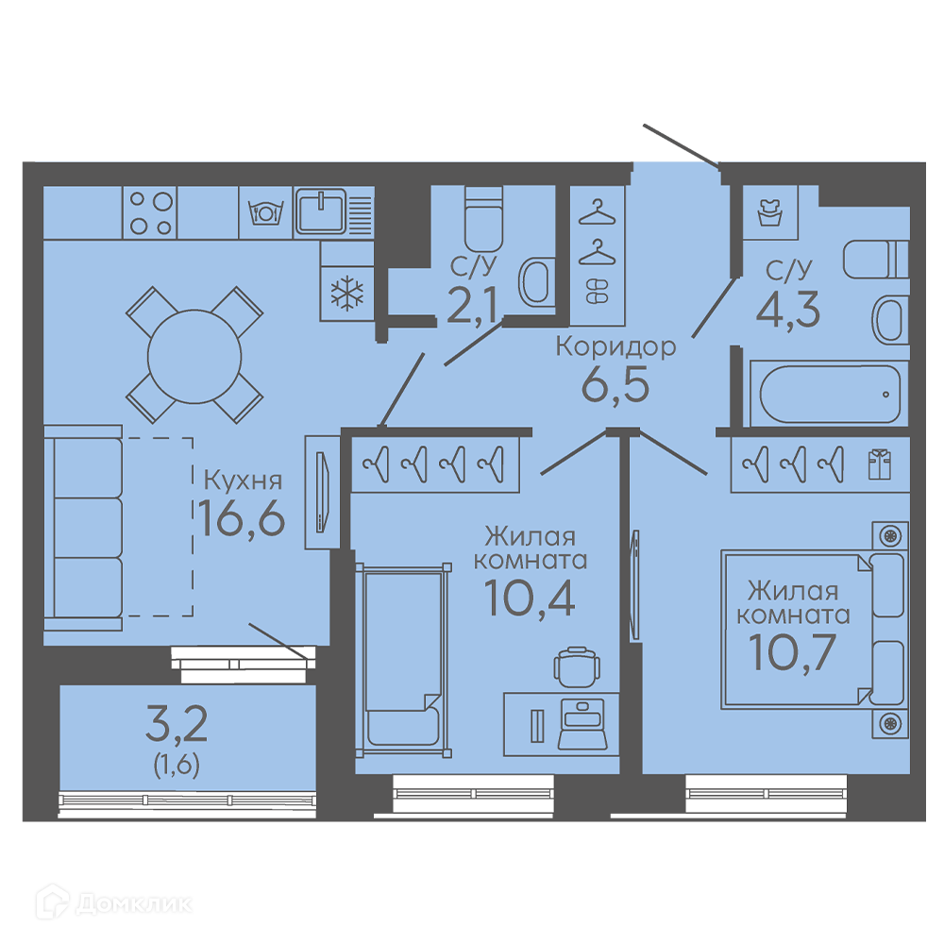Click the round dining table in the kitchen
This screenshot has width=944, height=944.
point(194,357)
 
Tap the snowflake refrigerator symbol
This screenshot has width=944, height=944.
point(347,295)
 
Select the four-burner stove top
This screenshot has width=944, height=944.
point(150,212)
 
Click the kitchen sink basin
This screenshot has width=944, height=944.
point(321,211)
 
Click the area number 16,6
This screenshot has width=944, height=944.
point(242,517)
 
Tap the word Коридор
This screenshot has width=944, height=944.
point(615,347)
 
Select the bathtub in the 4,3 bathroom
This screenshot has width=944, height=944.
point(830,394)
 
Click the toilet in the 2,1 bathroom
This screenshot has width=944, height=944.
point(483,219)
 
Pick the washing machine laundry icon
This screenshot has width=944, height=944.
point(770,212)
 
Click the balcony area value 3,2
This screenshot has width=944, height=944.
point(177,724)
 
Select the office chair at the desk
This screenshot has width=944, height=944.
point(577,667)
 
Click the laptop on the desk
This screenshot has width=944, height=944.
point(582,724)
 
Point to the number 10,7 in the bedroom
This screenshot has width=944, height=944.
point(792,652)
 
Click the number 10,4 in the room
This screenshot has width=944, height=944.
point(530,598)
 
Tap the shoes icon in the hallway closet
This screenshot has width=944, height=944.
point(598,291)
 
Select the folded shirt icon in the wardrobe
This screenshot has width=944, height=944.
point(879,464)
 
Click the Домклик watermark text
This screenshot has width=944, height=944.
point(134,903)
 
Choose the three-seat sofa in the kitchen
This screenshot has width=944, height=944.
point(84,528)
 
